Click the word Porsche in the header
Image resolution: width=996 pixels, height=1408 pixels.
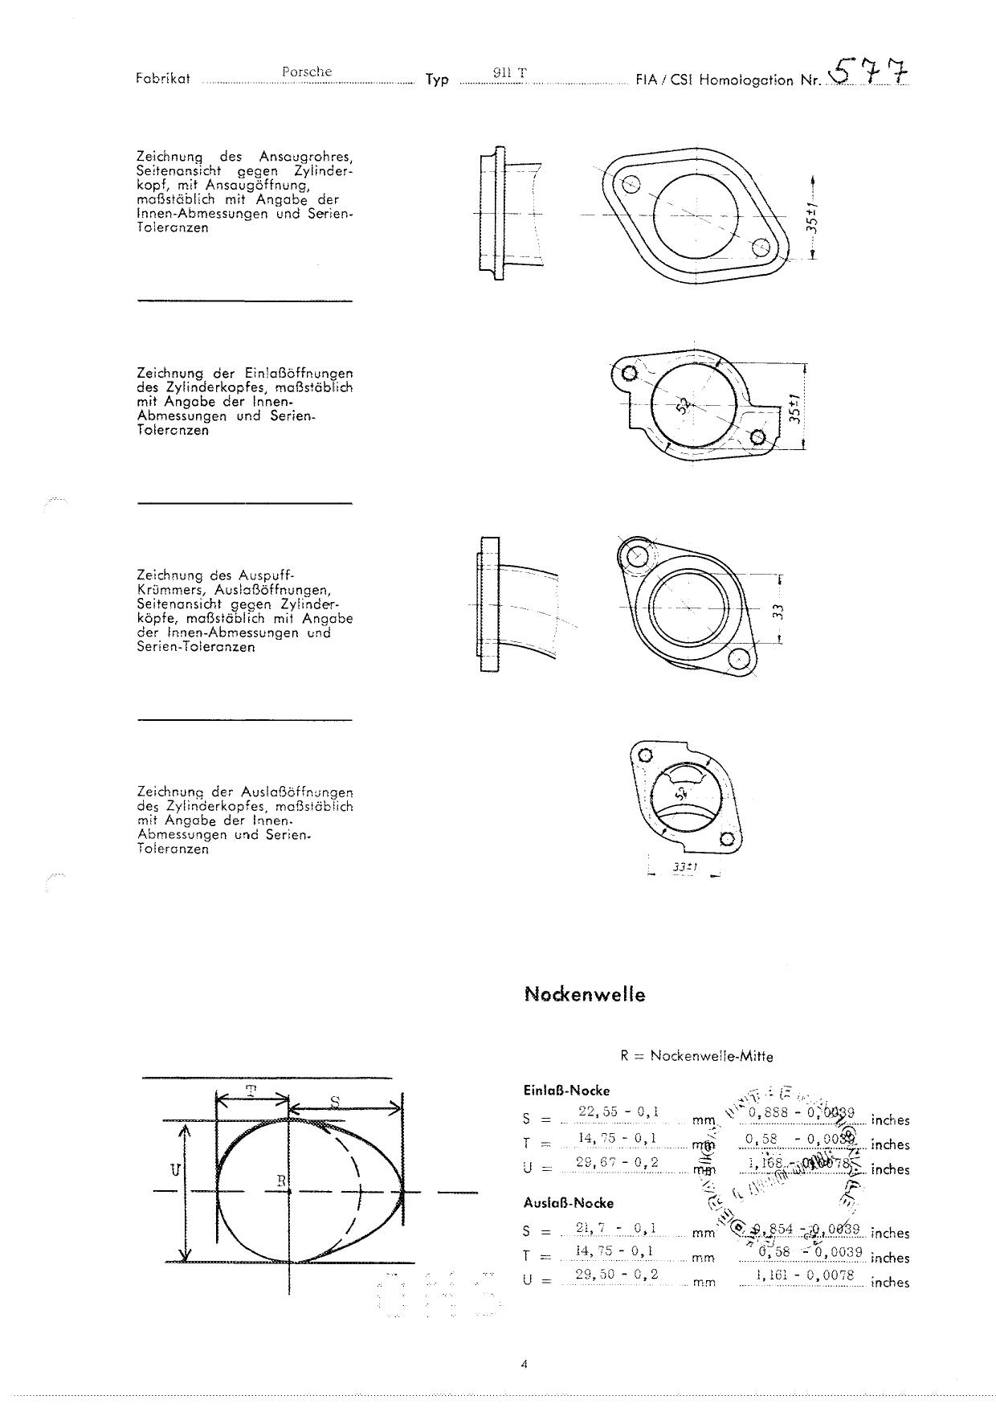click(306, 72)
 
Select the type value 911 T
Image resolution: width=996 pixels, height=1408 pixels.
click(510, 73)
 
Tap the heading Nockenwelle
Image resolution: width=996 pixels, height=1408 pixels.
click(584, 994)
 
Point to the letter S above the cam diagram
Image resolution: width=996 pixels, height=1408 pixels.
click(335, 1100)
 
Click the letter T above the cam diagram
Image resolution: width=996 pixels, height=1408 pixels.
click(251, 1091)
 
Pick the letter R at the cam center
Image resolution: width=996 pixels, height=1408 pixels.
click(280, 1181)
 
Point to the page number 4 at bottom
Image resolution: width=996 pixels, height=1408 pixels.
click(523, 1363)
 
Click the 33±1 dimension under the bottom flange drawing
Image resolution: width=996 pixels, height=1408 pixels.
click(684, 868)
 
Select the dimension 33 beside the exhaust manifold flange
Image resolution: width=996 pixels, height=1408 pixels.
click(778, 611)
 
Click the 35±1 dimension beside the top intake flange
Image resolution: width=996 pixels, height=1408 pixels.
click(812, 218)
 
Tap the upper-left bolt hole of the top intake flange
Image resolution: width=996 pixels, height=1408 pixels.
click(631, 184)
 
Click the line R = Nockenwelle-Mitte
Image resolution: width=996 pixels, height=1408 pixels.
click(696, 1056)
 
